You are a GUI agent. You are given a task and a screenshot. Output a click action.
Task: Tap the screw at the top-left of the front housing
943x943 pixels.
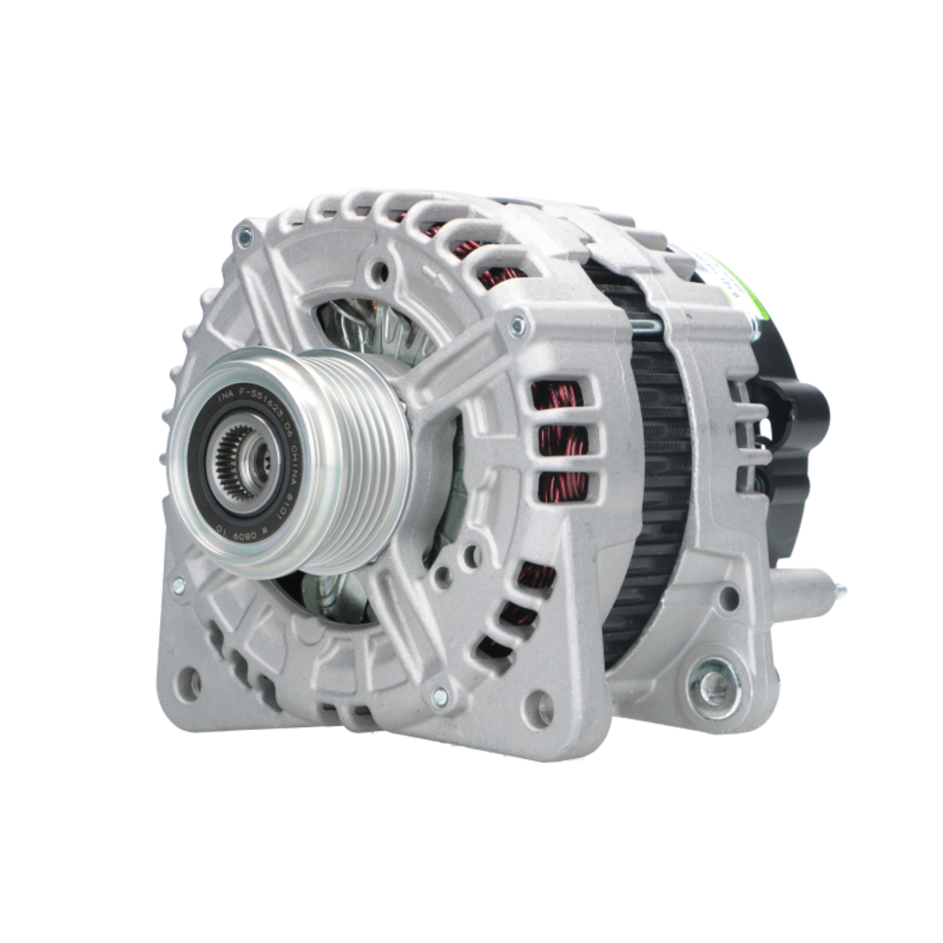pos(245,237)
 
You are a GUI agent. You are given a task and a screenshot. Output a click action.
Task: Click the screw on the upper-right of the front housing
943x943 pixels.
pos(517,326)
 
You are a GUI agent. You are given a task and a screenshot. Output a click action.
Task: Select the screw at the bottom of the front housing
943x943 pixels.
pos(439,697)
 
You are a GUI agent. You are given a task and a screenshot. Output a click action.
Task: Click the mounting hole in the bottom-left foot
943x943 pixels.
pos(189,684)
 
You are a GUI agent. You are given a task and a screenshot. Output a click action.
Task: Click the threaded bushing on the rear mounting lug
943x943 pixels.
pos(714,687)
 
